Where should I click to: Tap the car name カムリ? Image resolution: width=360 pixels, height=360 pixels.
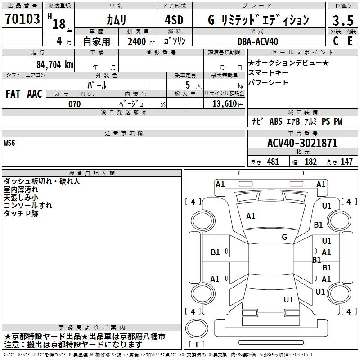pyautogui.click(x=116, y=20)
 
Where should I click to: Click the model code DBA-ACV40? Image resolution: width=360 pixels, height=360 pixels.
pyautogui.click(x=258, y=41)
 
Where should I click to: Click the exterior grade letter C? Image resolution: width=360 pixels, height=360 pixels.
pyautogui.click(x=335, y=41)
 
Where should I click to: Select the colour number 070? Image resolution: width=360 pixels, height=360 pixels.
pyautogui.click(x=74, y=104)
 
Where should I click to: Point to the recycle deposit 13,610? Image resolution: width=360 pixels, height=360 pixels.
pyautogui.click(x=225, y=104)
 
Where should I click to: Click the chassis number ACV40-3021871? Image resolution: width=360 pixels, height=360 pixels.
pyautogui.click(x=302, y=143)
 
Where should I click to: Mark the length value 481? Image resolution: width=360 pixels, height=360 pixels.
pyautogui.click(x=273, y=162)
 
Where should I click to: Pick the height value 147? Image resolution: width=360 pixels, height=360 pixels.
pyautogui.click(x=346, y=162)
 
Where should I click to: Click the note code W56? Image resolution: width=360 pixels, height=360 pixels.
pyautogui.click(x=9, y=144)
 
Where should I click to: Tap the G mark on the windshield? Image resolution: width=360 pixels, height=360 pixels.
pyautogui.click(x=284, y=237)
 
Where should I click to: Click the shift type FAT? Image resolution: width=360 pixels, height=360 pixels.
pyautogui.click(x=13, y=94)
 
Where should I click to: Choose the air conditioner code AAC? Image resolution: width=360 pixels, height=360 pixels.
pyautogui.click(x=35, y=94)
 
